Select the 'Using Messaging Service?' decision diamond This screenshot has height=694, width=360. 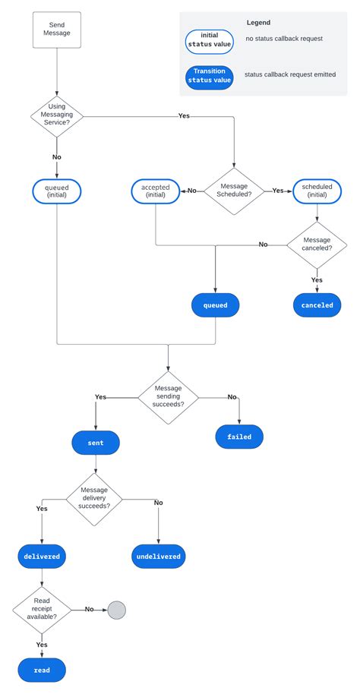[57, 115]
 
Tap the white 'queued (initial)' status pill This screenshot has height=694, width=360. [57, 191]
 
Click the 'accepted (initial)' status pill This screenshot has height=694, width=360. [156, 191]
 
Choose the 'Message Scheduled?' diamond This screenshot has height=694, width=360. [234, 191]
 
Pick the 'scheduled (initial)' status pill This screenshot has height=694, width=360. [317, 191]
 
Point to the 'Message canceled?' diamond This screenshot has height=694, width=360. [317, 244]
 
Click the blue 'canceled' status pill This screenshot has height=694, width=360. [317, 305]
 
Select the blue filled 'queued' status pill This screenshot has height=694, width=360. [216, 305]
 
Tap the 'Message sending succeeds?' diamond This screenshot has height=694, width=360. [168, 397]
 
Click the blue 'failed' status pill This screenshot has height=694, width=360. [239, 437]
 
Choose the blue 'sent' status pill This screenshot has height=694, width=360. [96, 442]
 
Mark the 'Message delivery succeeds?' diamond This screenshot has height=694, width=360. [96, 500]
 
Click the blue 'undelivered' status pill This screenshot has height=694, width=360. [159, 557]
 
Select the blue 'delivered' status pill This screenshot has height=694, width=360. [42, 557]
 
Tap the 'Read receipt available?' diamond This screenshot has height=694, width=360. [42, 609]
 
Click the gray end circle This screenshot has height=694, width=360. [116, 609]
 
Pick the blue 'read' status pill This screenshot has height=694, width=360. [42, 670]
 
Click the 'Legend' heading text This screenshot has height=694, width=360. [258, 23]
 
